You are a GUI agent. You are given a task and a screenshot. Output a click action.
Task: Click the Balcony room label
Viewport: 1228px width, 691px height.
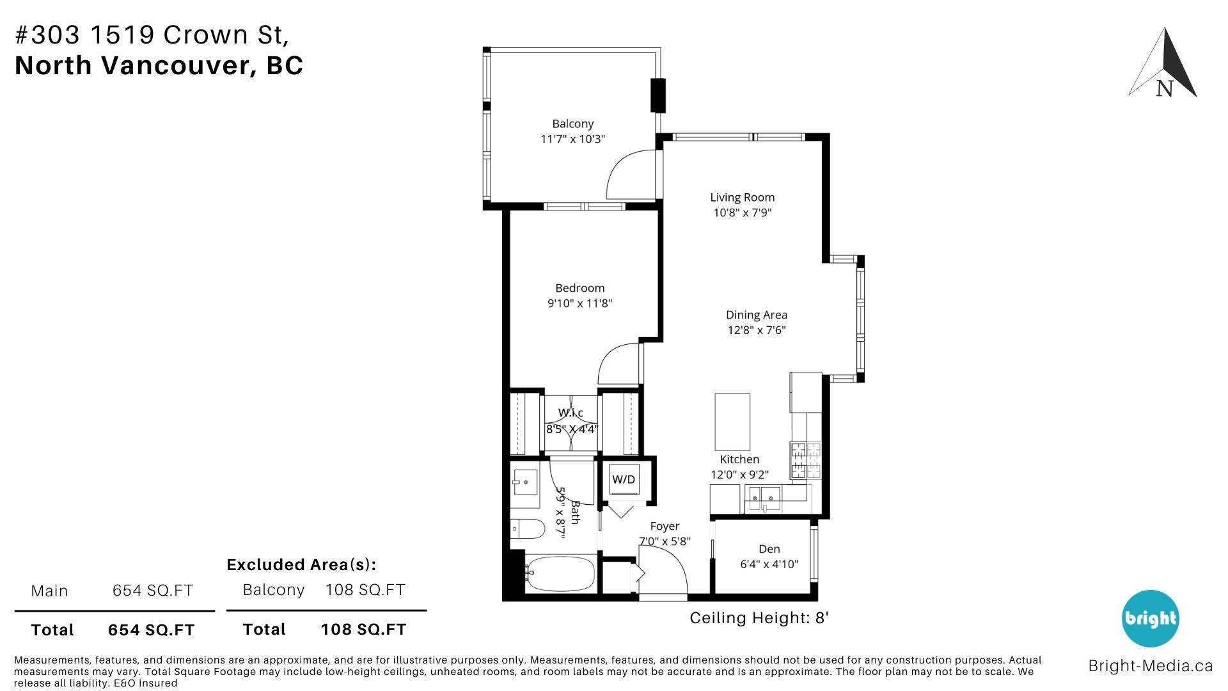coord(573,123)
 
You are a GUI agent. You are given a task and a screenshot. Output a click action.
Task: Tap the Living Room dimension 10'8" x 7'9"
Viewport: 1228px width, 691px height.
coord(743,213)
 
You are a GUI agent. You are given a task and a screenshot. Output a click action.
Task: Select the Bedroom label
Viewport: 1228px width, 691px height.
coord(579,288)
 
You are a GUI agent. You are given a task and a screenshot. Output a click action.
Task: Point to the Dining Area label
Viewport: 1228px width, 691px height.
coord(756,315)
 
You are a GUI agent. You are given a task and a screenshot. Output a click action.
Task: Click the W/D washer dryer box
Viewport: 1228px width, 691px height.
coord(624,479)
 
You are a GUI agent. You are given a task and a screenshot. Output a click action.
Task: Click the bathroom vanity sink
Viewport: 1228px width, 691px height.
coord(526,481)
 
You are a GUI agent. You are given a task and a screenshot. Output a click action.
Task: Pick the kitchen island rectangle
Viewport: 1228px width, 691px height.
coord(732,422)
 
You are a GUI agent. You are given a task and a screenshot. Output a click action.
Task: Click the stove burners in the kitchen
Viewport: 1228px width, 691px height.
coord(805,461)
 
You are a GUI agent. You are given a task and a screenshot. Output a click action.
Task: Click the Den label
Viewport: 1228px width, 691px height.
coord(769,549)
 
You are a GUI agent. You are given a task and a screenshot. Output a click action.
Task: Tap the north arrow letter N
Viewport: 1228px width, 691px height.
coord(1165,89)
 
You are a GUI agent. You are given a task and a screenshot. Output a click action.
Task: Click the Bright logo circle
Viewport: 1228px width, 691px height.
coord(1150,619)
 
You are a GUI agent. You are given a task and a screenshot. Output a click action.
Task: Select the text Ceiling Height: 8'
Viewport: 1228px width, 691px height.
coord(759,618)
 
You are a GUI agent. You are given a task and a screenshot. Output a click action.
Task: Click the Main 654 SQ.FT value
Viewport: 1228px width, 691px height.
coord(153,591)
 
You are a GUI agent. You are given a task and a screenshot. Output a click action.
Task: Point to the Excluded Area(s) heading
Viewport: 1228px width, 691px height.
coord(301,565)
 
